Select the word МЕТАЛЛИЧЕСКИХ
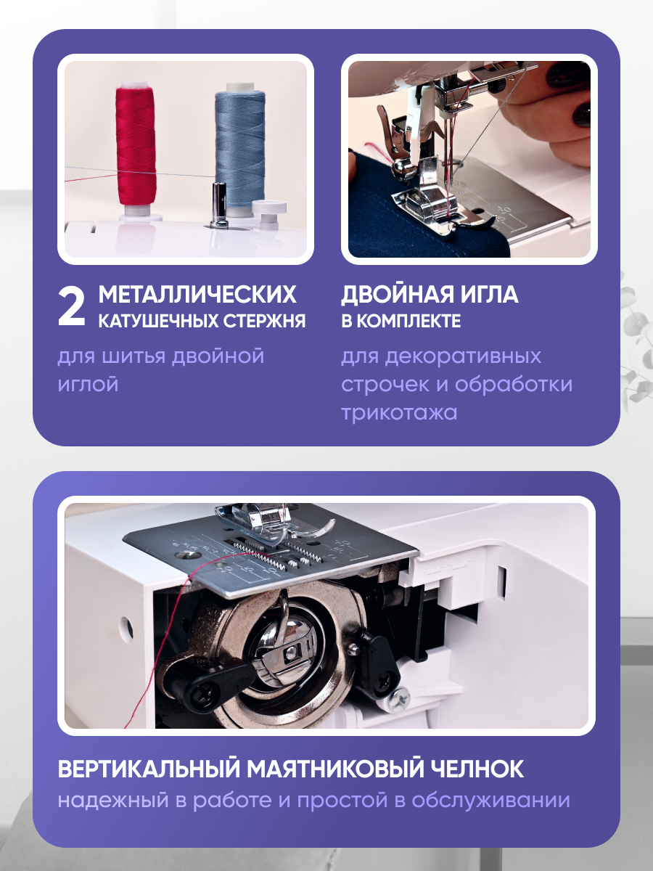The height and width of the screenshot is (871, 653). pos(197,294)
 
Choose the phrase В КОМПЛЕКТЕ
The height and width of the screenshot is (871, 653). pos(401,321)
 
